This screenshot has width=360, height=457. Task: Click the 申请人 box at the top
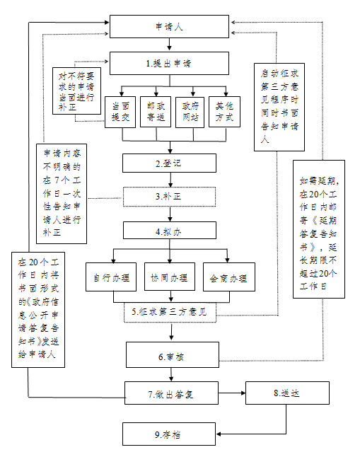click(169, 26)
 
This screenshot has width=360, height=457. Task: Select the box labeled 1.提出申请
click(169, 63)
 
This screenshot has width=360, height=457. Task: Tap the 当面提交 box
click(120, 112)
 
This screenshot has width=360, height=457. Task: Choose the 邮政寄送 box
click(156, 112)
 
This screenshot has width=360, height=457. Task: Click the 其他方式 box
click(224, 112)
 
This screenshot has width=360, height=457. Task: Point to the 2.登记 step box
click(169, 163)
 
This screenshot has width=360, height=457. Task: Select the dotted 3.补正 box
click(169, 197)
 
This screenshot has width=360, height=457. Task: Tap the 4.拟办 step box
click(170, 230)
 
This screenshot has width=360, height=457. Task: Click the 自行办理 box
click(111, 277)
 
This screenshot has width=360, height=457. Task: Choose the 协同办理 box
click(170, 277)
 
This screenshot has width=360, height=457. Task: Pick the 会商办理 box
click(229, 277)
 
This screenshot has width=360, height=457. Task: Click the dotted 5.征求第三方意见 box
click(170, 313)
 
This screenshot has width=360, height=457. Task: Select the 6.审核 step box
click(173, 354)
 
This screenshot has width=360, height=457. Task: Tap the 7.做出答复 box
click(171, 393)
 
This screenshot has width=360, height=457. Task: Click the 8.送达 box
click(287, 393)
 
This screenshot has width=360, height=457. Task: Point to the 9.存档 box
click(169, 434)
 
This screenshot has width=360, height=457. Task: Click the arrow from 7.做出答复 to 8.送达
click(232, 393)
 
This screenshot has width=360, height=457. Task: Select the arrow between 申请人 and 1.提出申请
click(169, 45)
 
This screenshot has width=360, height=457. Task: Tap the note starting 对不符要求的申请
click(76, 91)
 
